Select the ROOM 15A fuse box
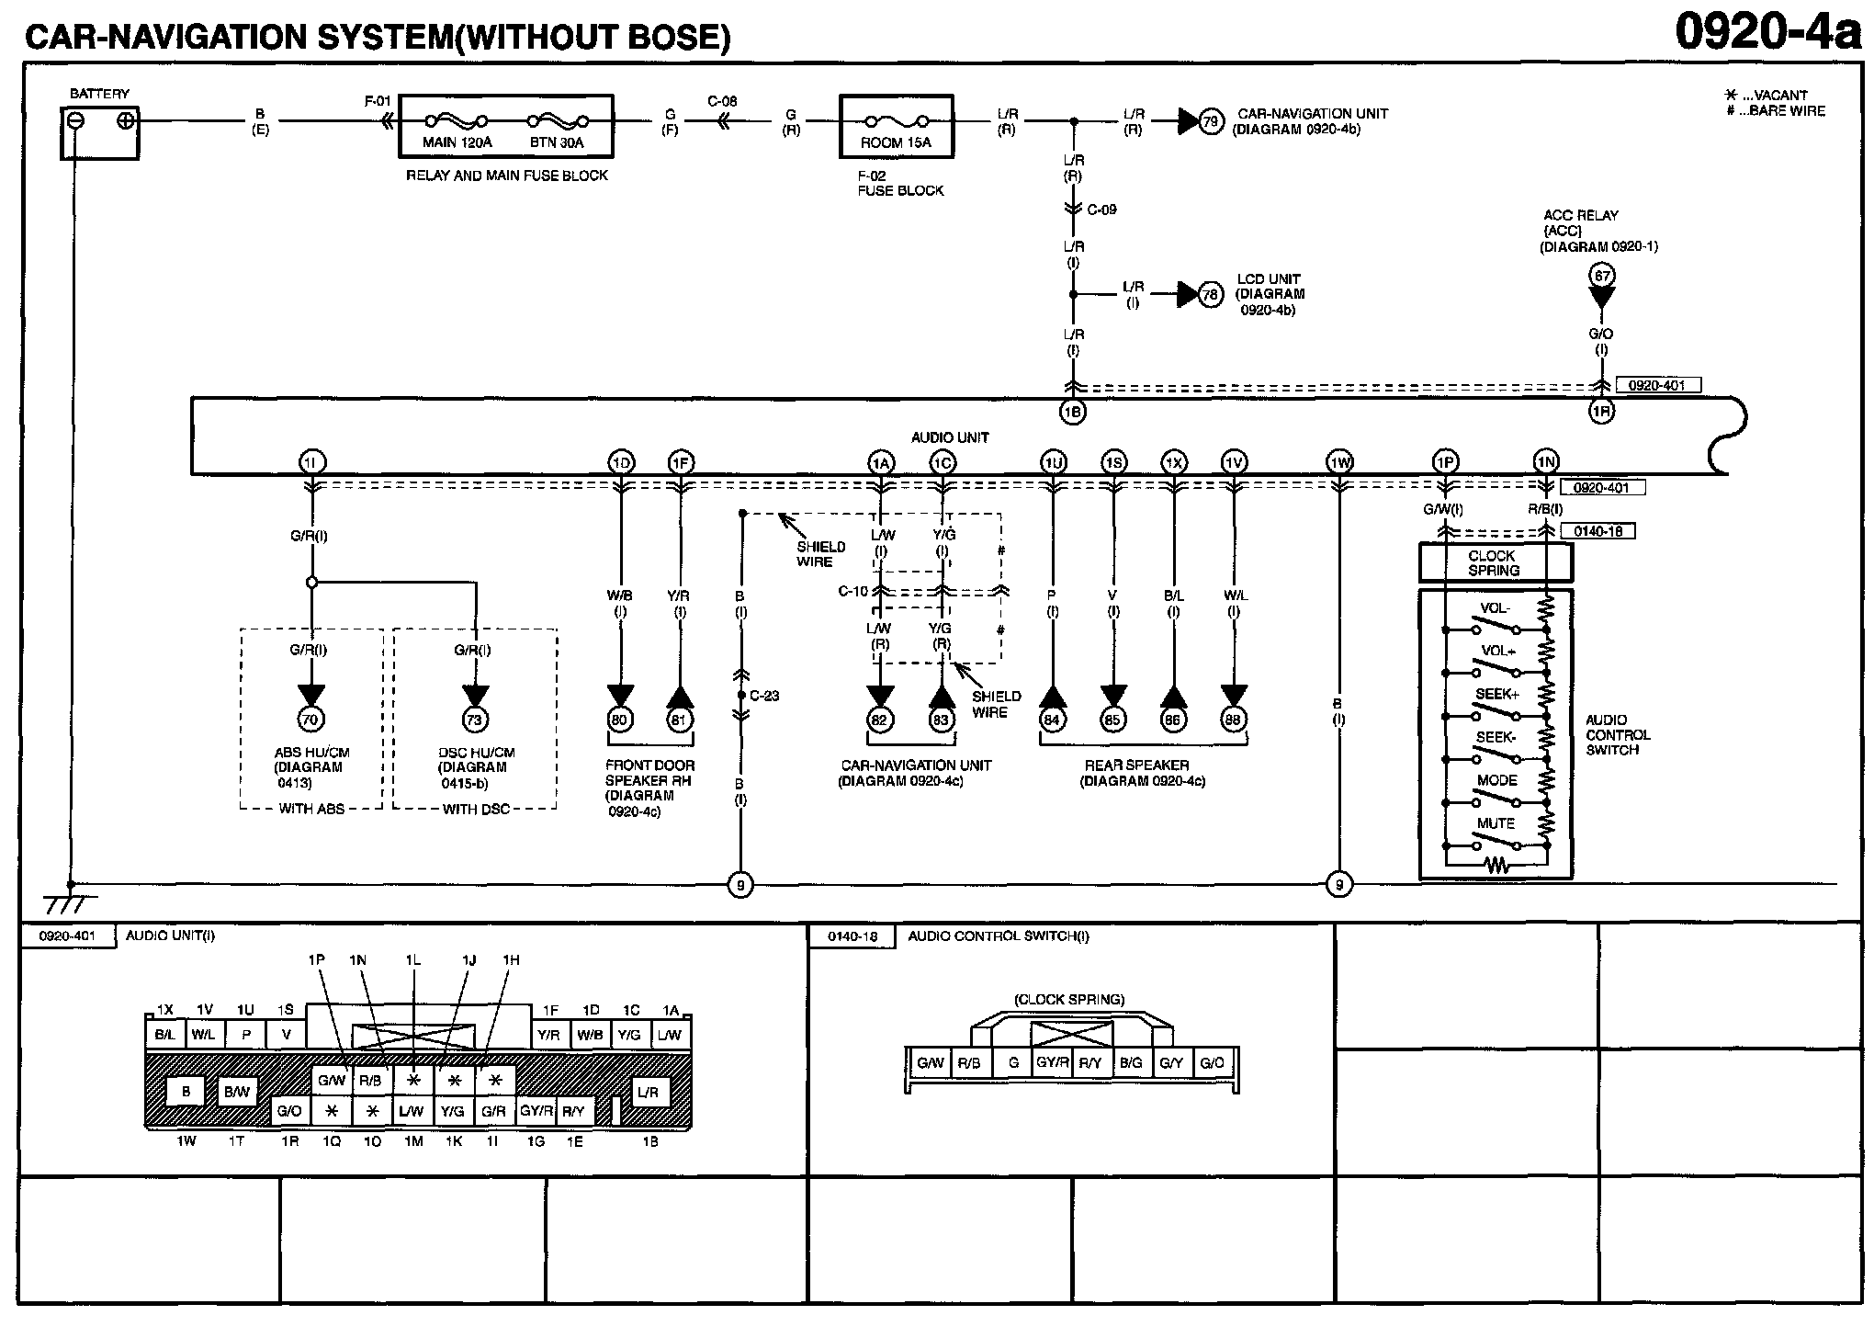pos(896,127)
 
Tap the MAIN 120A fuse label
pos(457,142)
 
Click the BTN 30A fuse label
pos(556,142)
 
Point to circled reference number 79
pos(1211,120)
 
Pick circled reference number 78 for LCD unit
pos(1211,294)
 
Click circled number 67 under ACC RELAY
pos(1601,276)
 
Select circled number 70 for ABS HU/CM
pos(310,720)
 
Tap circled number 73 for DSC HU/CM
pos(475,720)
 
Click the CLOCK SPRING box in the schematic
pos(1495,562)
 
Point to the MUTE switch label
pos(1495,823)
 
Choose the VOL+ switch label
pos(1497,651)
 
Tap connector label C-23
pos(764,696)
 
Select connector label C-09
pos(1101,210)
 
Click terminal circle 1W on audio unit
pos(1339,461)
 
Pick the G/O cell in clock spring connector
pos(1212,1063)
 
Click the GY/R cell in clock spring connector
pos(1052,1063)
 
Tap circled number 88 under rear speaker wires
pos(1234,720)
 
